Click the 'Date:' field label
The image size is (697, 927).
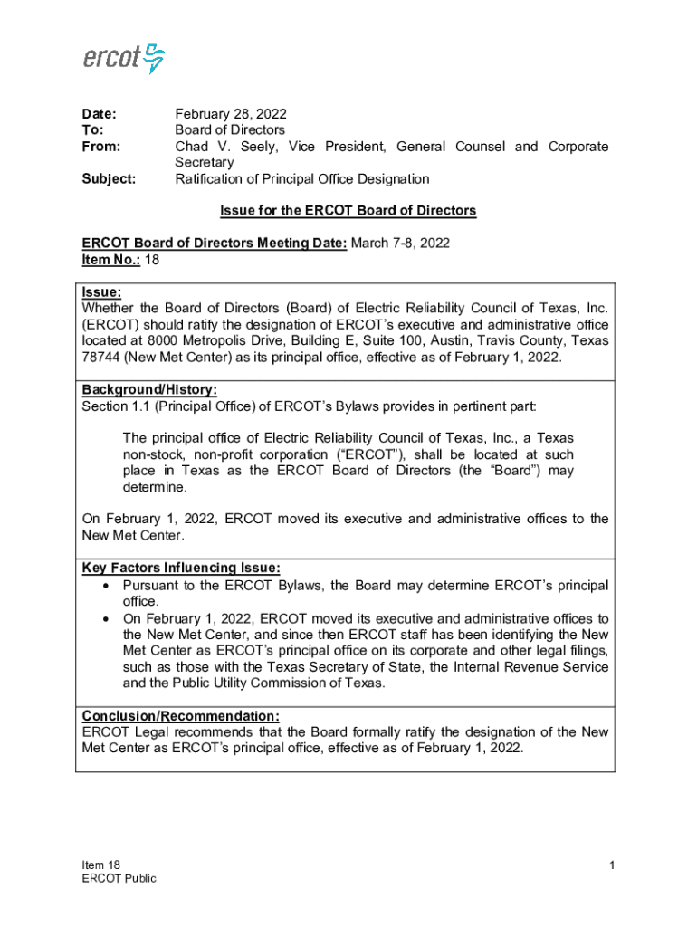[100, 114]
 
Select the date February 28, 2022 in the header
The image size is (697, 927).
[230, 114]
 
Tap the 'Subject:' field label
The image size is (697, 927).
[109, 179]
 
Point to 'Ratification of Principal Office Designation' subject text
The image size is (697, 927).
[301, 179]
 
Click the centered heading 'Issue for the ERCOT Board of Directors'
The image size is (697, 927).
[348, 211]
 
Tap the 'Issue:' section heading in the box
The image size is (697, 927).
[101, 292]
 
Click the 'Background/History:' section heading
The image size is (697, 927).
[149, 390]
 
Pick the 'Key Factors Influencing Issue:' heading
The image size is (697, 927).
[181, 568]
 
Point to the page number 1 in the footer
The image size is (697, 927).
[612, 865]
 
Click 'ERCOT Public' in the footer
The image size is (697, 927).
[119, 878]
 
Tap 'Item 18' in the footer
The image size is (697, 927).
[100, 865]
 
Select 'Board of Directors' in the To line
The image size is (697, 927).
[229, 130]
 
